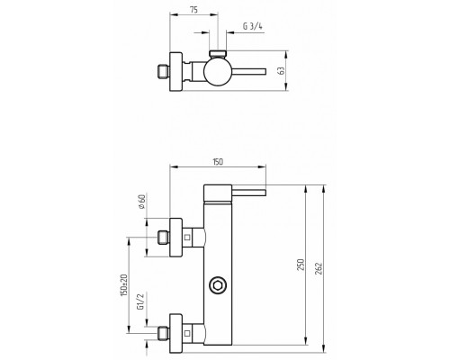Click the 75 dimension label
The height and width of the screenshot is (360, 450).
click(x=193, y=10)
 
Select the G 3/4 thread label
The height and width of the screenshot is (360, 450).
click(x=253, y=26)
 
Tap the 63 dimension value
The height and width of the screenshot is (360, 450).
click(x=281, y=71)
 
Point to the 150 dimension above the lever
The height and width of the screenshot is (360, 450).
click(x=218, y=162)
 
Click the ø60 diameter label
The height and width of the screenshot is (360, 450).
click(x=141, y=202)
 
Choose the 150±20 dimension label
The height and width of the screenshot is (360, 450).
click(x=124, y=285)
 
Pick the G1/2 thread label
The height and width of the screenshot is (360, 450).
click(x=140, y=301)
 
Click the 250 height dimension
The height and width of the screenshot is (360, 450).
click(x=301, y=265)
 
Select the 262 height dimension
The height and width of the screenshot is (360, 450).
click(x=319, y=269)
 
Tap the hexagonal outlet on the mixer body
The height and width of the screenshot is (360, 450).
click(x=218, y=285)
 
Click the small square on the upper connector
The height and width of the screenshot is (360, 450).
click(x=187, y=238)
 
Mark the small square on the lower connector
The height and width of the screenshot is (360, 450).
click(x=187, y=333)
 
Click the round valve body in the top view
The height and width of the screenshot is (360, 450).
click(x=218, y=71)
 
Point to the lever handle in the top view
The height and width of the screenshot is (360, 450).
click(x=248, y=71)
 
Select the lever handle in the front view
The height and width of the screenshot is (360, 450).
click(x=248, y=193)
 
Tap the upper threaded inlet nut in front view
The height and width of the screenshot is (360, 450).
click(x=164, y=238)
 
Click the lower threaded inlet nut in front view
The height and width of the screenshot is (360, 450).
click(x=164, y=333)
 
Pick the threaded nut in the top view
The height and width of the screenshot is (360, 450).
click(x=164, y=71)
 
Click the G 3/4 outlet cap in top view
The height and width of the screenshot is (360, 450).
click(x=218, y=54)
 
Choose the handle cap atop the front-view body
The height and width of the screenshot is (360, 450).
click(x=218, y=193)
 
